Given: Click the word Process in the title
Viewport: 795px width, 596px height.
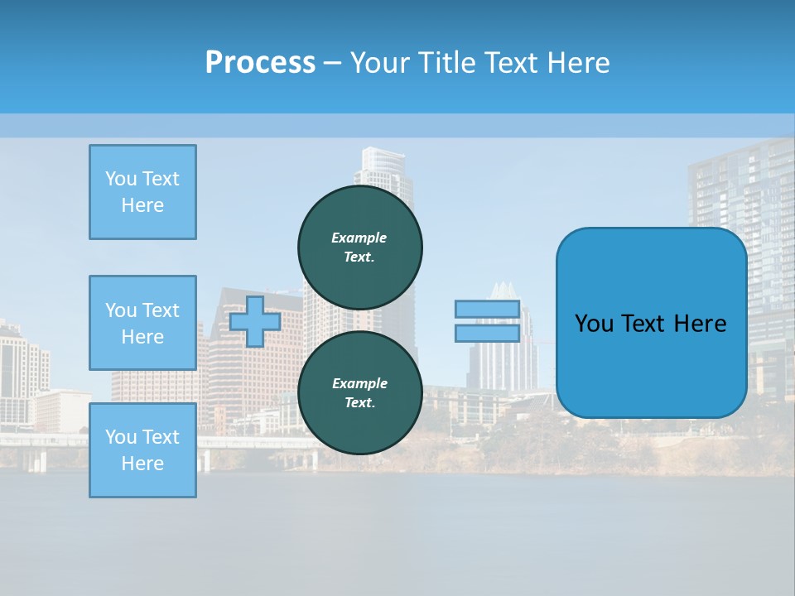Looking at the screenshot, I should click(260, 62).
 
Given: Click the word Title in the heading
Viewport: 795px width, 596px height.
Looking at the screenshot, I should click(446, 62).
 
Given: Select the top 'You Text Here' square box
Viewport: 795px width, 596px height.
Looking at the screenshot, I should click(142, 192).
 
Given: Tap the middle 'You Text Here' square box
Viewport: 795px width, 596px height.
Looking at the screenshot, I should click(142, 323).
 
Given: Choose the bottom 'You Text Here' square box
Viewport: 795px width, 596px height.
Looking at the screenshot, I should click(142, 450).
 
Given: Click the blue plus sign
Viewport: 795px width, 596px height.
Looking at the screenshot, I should click(254, 321).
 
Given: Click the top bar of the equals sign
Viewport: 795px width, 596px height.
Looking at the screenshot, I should click(487, 310).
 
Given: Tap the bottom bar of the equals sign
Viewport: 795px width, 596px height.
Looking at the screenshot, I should click(487, 333).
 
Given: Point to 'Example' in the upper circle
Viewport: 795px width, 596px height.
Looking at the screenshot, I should click(359, 238).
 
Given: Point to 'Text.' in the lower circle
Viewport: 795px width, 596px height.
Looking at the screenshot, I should click(359, 403).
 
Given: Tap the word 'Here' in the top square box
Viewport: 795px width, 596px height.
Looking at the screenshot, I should click(142, 205).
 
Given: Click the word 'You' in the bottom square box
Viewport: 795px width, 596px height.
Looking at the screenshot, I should click(121, 437).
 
